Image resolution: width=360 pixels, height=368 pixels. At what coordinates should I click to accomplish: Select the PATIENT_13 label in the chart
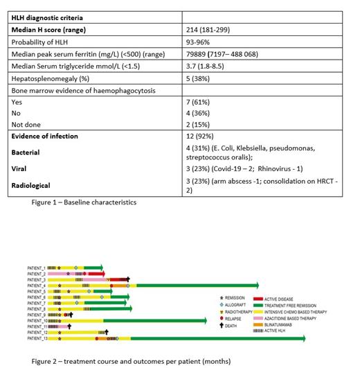(x=37, y=339)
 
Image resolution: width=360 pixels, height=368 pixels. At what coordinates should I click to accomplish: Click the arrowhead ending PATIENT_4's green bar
(x=255, y=285)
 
